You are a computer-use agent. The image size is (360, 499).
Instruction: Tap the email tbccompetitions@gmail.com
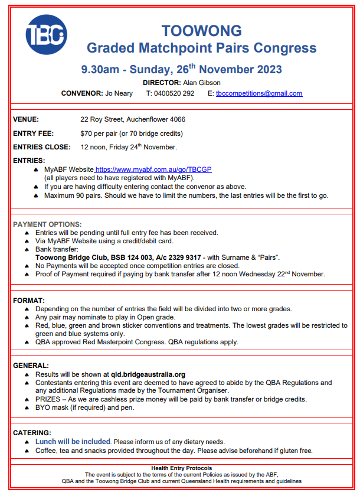coord(259,93)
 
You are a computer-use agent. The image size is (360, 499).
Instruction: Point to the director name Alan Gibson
coord(205,83)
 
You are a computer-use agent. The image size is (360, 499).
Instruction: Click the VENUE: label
coord(26,120)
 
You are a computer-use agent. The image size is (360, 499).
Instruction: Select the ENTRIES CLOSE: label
coord(41,147)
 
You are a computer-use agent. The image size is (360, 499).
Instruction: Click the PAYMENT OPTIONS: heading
coord(48,224)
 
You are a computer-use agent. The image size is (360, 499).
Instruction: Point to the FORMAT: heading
coord(28,301)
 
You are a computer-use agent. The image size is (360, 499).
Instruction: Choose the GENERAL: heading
coord(31,366)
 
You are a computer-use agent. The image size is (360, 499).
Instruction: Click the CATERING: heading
coord(32,433)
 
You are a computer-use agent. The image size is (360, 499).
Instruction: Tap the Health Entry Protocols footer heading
coord(181,468)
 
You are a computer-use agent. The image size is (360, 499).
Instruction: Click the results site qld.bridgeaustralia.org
coord(148,374)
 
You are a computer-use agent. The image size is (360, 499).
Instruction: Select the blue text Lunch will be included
coord(73,442)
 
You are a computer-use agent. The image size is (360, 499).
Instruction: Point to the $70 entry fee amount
coord(88,133)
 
